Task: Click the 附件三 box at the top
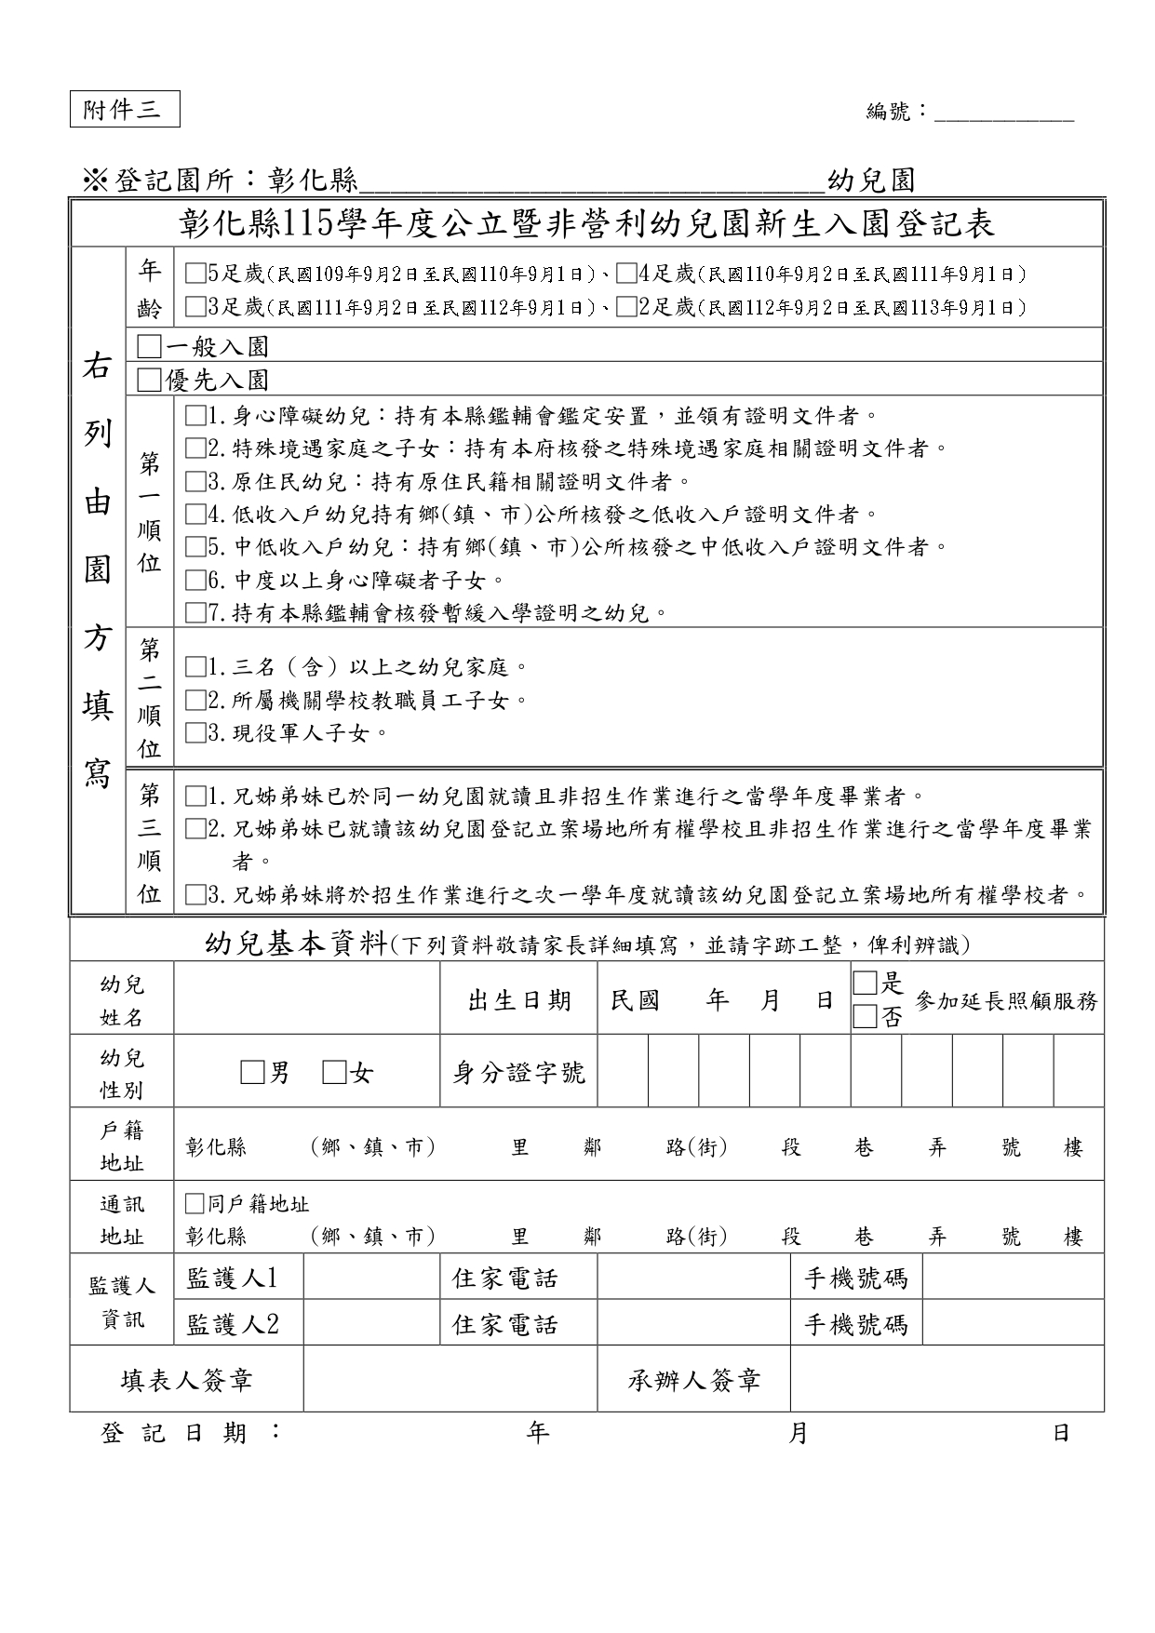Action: pyautogui.click(x=124, y=110)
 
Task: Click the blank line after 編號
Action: pyautogui.click(x=1003, y=115)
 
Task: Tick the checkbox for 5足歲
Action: pyautogui.click(x=195, y=274)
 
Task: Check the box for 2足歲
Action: pyautogui.click(x=626, y=306)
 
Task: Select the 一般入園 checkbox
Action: pyautogui.click(x=149, y=347)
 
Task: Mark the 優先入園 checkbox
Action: pyautogui.click(x=149, y=380)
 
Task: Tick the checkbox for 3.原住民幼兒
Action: pyautogui.click(x=195, y=481)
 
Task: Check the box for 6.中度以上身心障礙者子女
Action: pyautogui.click(x=195, y=581)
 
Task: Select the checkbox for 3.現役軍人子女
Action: pyautogui.click(x=195, y=733)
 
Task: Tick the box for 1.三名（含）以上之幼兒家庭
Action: pyautogui.click(x=195, y=667)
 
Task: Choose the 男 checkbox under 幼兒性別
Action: pyautogui.click(x=252, y=1073)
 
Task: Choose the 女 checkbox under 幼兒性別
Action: pyautogui.click(x=334, y=1073)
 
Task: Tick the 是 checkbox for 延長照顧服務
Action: pyautogui.click(x=865, y=983)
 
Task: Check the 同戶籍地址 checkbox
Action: pyautogui.click(x=195, y=1204)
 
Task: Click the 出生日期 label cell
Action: pyautogui.click(x=518, y=1000)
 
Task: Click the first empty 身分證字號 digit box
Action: pyautogui.click(x=623, y=1073)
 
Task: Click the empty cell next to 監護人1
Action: pyautogui.click(x=371, y=1278)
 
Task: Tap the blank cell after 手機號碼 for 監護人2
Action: pyautogui.click(x=1013, y=1323)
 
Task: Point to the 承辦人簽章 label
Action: pyautogui.click(x=693, y=1380)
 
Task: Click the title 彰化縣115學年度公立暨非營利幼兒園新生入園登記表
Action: pyautogui.click(x=586, y=223)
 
